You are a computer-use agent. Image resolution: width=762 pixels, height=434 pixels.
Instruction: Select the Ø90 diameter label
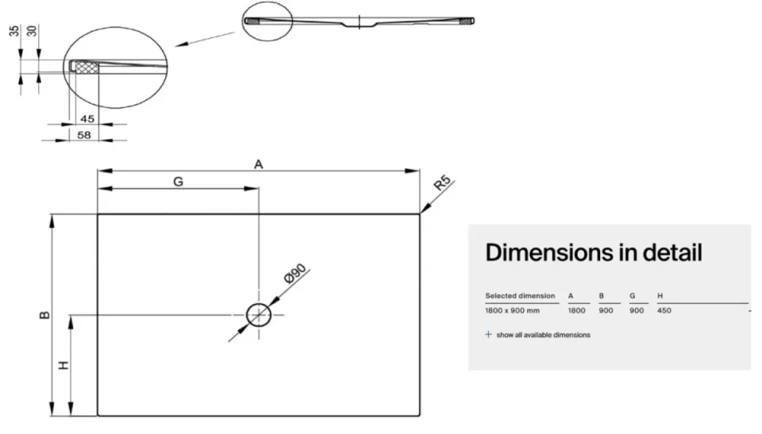tap(295, 274)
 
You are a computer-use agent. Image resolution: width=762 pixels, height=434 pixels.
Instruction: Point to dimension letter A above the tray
tap(259, 164)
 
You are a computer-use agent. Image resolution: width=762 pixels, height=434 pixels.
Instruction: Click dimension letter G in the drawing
tap(179, 182)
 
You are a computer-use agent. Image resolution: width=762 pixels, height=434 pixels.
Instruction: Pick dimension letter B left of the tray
tap(44, 315)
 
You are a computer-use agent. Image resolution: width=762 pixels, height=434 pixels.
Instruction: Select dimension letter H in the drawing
tap(63, 365)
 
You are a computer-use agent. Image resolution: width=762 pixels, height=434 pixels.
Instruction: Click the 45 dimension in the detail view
tap(87, 118)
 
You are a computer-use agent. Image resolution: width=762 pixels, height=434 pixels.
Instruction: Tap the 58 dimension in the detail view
tap(84, 135)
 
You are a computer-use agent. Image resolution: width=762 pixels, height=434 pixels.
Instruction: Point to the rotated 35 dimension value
tap(14, 31)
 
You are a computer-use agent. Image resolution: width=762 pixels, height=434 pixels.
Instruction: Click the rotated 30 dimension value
tap(32, 31)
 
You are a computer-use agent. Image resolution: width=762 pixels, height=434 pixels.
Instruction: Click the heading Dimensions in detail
tap(594, 253)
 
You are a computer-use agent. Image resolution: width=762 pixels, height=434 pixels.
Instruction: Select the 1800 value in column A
tap(577, 310)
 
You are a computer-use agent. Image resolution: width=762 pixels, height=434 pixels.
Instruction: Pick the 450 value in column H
tap(664, 310)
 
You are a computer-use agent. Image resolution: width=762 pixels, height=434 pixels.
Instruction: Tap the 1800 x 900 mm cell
tap(512, 310)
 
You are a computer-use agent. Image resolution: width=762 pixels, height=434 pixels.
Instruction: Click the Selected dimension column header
tap(520, 295)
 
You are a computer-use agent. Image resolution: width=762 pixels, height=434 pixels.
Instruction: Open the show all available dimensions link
tap(543, 335)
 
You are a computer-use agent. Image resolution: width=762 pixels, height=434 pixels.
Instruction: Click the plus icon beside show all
tap(488, 334)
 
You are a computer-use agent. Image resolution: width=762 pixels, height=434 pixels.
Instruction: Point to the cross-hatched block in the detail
tap(87, 67)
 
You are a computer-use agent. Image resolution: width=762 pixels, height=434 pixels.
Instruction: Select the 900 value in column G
tap(637, 310)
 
